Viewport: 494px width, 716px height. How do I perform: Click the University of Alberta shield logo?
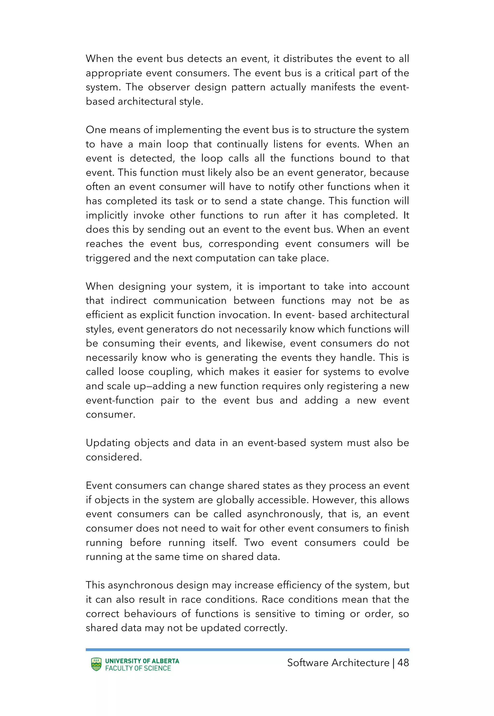[x=96, y=665]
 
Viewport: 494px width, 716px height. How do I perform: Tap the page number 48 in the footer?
[x=403, y=663]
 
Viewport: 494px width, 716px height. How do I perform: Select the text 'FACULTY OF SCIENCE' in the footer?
[x=138, y=668]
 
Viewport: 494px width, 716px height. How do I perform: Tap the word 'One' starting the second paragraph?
[x=96, y=130]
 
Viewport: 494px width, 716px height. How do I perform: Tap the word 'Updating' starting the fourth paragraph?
[x=108, y=443]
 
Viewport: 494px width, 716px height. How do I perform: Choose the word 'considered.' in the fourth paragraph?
[x=114, y=457]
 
